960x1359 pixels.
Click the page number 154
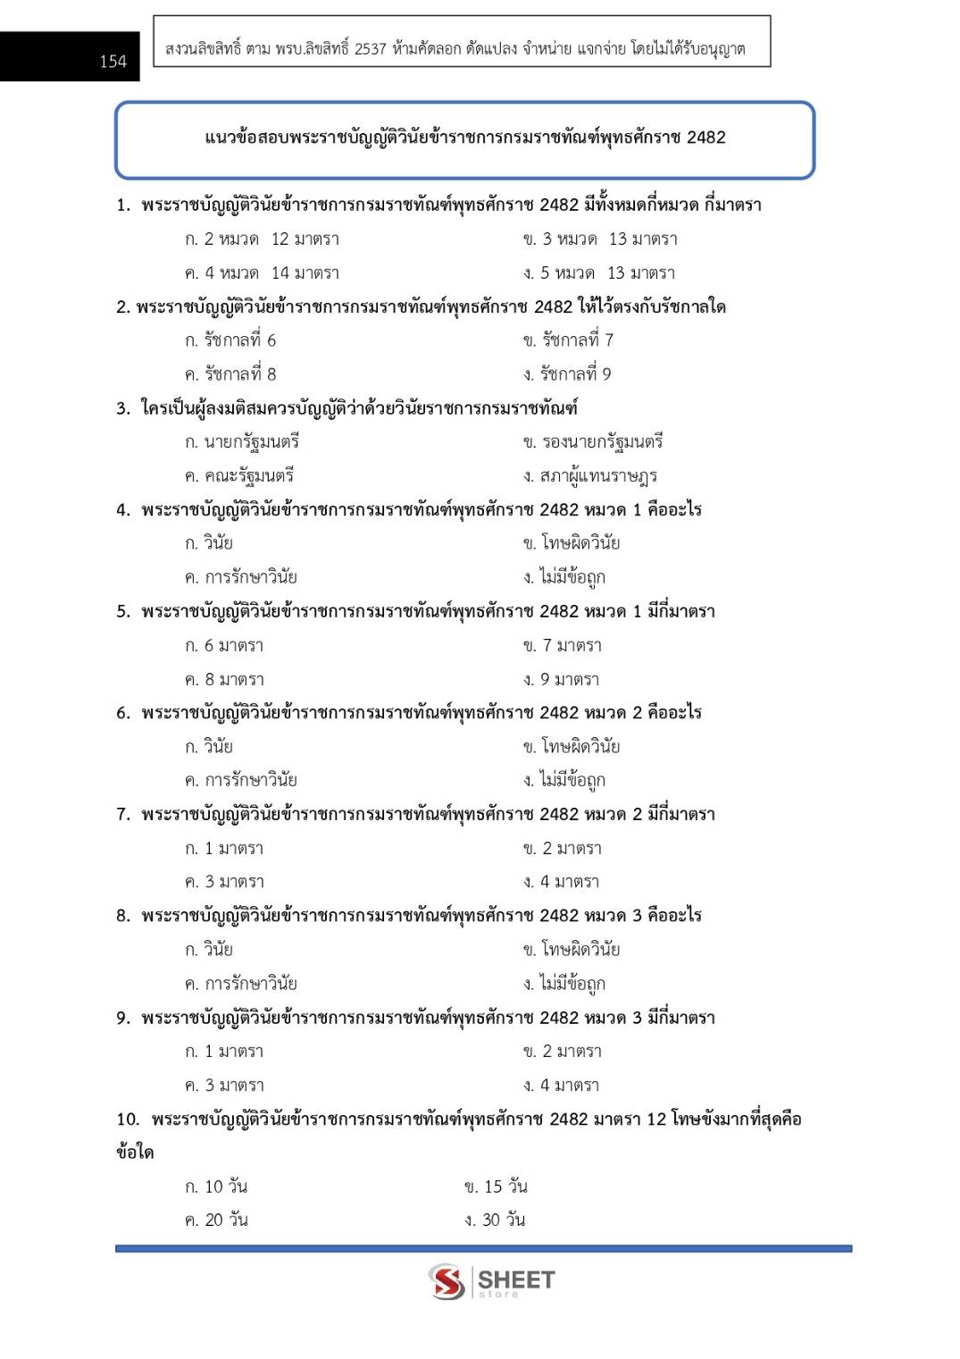[x=113, y=62]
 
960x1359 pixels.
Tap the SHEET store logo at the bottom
[x=491, y=1281]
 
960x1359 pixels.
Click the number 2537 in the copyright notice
[x=370, y=49]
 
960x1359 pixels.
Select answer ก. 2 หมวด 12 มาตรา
[x=262, y=239]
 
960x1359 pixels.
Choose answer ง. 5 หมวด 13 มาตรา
[x=599, y=273]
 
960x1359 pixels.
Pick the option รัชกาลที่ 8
[x=230, y=374]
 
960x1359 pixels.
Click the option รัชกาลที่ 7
[x=568, y=340]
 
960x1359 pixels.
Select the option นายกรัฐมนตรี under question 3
[x=242, y=442]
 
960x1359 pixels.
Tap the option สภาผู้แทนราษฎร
[x=590, y=476]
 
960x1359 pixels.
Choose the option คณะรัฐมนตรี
[x=239, y=476]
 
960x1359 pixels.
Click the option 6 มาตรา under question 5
[x=224, y=646]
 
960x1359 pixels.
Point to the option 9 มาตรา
[x=562, y=680]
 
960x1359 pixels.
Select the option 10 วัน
[x=216, y=1187]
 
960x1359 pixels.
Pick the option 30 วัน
[x=495, y=1221]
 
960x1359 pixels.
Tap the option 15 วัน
[x=496, y=1187]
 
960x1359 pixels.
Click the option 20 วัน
[x=216, y=1221]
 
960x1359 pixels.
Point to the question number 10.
[x=128, y=1120]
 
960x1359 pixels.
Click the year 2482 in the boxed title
[x=705, y=138]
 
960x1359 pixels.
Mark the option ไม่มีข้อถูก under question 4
[x=564, y=578]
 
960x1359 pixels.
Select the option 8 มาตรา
[x=224, y=680]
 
